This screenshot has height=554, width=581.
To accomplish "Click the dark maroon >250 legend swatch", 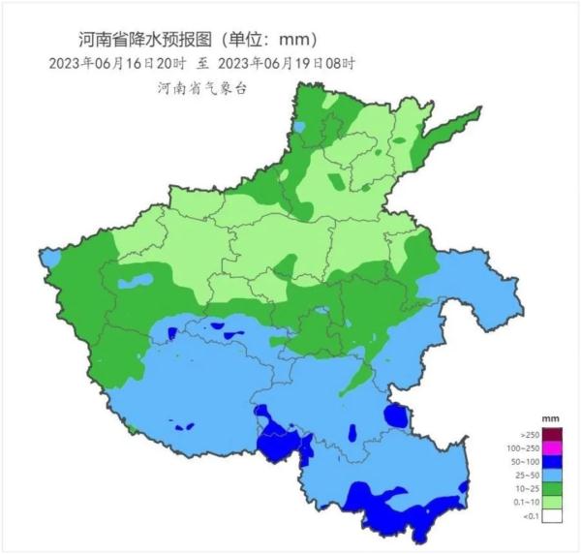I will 552,434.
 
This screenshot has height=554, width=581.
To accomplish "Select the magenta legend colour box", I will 552,447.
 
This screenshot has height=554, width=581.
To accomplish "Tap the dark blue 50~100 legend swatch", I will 552,462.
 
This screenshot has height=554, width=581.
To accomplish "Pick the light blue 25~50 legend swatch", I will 552,476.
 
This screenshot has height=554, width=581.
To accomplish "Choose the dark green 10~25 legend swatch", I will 552,489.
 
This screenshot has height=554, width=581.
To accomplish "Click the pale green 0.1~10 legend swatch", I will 552,503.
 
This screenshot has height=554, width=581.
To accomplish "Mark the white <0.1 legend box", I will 552,517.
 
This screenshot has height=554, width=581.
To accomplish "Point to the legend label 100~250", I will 523,448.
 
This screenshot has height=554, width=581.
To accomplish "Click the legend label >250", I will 529,435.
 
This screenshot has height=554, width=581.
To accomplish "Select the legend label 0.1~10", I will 525,504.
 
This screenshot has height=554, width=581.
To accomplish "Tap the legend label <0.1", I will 529,518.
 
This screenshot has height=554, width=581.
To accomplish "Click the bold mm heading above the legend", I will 551,417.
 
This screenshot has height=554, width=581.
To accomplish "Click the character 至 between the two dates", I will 202,63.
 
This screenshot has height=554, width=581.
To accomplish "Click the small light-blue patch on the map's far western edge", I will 49,258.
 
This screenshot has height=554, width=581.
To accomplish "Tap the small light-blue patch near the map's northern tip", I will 299,126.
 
